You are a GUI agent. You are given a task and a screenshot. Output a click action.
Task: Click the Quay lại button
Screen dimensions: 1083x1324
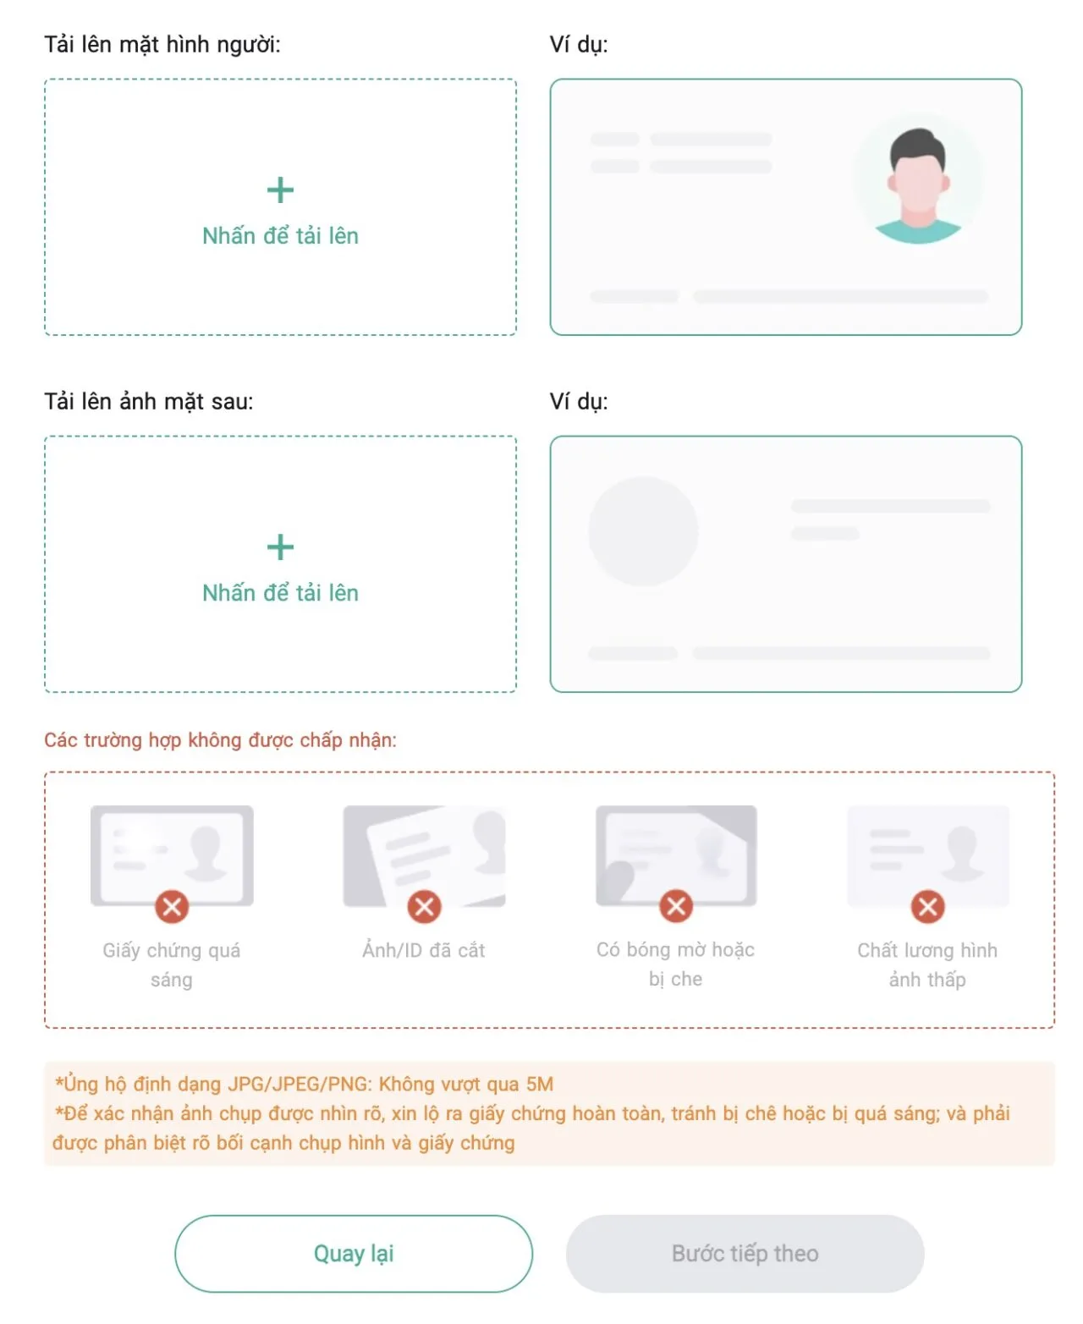(353, 1253)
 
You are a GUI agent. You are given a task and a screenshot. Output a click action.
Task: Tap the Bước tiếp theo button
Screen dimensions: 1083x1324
(745, 1253)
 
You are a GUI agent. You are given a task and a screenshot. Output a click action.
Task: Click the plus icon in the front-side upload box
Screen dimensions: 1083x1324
(280, 190)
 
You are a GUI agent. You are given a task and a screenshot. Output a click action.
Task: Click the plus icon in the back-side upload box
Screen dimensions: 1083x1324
(280, 547)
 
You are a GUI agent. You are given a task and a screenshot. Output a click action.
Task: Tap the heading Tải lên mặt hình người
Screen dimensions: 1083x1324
(162, 45)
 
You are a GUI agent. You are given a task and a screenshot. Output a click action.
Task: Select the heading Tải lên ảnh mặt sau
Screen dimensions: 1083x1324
(149, 402)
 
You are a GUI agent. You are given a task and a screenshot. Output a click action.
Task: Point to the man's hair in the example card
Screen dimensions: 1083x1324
(917, 147)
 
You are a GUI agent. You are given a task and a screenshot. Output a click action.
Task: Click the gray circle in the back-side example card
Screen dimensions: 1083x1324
(643, 531)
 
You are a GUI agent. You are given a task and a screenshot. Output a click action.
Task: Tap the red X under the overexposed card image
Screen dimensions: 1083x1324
(172, 907)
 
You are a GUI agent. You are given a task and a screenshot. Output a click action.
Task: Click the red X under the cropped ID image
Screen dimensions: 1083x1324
(425, 907)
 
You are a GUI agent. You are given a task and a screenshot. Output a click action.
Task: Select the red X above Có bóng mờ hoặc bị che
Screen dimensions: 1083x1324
(676, 906)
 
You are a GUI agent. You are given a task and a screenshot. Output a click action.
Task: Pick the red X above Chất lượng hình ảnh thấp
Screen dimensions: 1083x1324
(928, 907)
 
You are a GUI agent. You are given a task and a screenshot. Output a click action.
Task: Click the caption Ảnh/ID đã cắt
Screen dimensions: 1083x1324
(424, 950)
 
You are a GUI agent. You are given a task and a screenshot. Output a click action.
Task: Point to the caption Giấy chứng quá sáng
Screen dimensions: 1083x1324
(172, 965)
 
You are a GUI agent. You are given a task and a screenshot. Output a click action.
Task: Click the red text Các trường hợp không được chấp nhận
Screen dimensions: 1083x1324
(220, 740)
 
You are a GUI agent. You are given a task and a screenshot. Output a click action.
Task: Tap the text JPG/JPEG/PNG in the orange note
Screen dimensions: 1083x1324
(299, 1085)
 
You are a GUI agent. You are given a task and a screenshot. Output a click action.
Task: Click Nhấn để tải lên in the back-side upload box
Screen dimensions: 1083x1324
(280, 593)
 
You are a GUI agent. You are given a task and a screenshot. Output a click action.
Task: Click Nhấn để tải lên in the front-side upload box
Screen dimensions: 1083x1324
(280, 236)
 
